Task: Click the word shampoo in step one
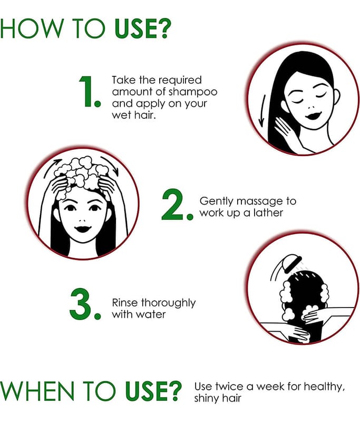pyautogui.click(x=193, y=92)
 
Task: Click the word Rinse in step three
pyautogui.click(x=125, y=302)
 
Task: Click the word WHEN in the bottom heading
pyautogui.click(x=37, y=390)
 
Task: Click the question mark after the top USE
pyautogui.click(x=164, y=28)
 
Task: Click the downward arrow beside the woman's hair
pyautogui.click(x=261, y=111)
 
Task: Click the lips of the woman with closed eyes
pyautogui.click(x=312, y=116)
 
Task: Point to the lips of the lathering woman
pyautogui.click(x=83, y=229)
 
